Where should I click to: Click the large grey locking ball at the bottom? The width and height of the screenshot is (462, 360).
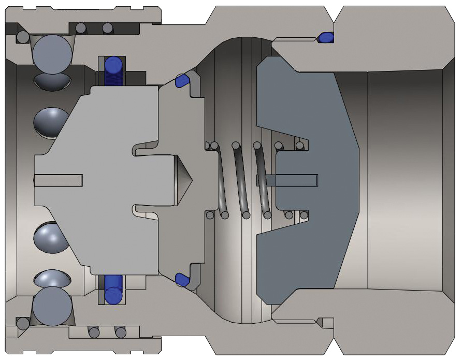click(52, 307)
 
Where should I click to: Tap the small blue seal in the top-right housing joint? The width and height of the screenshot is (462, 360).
click(325, 37)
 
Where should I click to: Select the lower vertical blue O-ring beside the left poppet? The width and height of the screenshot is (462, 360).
click(113, 289)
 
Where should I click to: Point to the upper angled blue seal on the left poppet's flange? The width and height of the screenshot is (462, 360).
click(182, 81)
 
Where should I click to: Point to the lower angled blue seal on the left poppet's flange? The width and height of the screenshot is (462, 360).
click(182, 280)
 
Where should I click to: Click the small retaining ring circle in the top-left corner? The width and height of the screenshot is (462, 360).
click(23, 37)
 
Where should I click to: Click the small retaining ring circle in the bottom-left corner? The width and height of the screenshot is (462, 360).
click(23, 323)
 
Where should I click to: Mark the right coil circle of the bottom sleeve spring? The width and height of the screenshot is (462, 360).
click(120, 332)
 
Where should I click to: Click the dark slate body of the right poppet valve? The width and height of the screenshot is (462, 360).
click(321, 129)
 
